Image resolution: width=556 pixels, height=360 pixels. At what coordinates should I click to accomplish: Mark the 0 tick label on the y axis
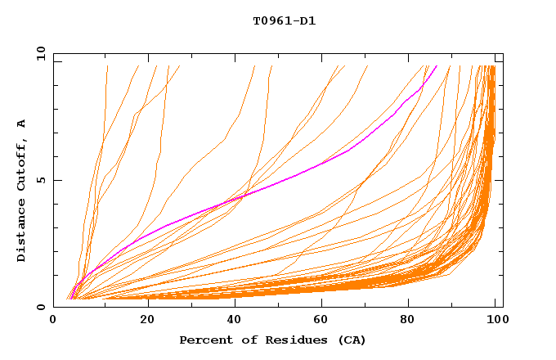click(x=41, y=307)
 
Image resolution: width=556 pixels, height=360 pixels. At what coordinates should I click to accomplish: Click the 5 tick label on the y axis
click(x=41, y=180)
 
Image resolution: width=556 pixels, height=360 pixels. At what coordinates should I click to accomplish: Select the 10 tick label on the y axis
click(x=38, y=53)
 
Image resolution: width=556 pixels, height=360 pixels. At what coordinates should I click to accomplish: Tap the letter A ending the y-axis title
click(x=21, y=124)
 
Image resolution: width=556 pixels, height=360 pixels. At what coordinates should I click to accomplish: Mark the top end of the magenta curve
click(x=437, y=65)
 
